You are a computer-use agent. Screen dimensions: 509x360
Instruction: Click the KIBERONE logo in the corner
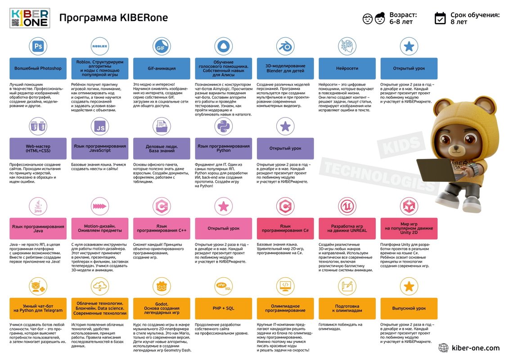coord(30,18)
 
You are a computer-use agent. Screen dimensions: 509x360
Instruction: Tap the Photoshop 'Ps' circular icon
coord(38,46)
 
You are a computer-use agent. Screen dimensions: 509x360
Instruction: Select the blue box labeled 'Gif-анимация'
coord(162,68)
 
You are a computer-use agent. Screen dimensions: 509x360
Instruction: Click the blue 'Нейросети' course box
coord(347,68)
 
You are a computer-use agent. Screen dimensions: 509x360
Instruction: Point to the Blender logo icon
coord(285,46)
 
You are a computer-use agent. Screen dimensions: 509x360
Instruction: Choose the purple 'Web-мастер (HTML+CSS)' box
coord(38,148)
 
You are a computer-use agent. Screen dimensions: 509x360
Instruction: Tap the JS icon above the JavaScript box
coord(99,126)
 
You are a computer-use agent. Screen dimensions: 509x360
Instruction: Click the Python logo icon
coord(223,126)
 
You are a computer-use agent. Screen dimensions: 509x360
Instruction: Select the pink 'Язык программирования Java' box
coord(38,229)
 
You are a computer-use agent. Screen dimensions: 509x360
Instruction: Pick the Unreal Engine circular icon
coord(347,206)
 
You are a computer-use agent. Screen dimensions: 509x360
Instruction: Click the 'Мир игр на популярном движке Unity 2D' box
coord(409,229)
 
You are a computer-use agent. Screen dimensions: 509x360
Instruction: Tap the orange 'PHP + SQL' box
coord(223,308)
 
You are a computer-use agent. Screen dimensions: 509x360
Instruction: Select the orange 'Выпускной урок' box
coord(409,308)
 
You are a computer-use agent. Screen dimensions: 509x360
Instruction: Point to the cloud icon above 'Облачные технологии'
coord(99,286)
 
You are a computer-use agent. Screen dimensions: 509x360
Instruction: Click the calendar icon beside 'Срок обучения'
coord(440,18)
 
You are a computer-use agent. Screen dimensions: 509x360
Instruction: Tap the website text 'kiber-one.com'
coord(476,348)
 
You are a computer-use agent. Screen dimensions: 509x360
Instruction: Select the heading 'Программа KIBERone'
coord(113,18)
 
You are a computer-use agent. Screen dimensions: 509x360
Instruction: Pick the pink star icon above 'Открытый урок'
coord(223,206)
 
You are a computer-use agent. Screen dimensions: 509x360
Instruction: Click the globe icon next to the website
coord(443,348)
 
